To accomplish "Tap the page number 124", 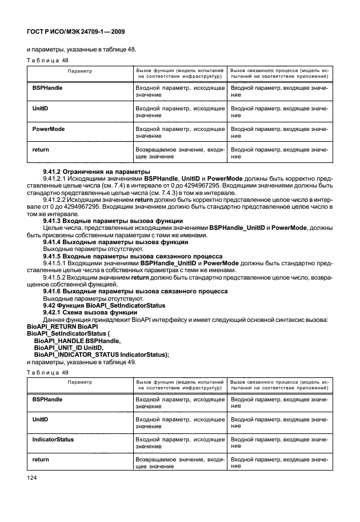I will [x=33, y=476].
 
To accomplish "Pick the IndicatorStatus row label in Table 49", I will [x=53, y=440].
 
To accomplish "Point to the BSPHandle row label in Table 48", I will [x=47, y=88].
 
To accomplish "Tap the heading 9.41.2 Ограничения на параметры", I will [x=97, y=172].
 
